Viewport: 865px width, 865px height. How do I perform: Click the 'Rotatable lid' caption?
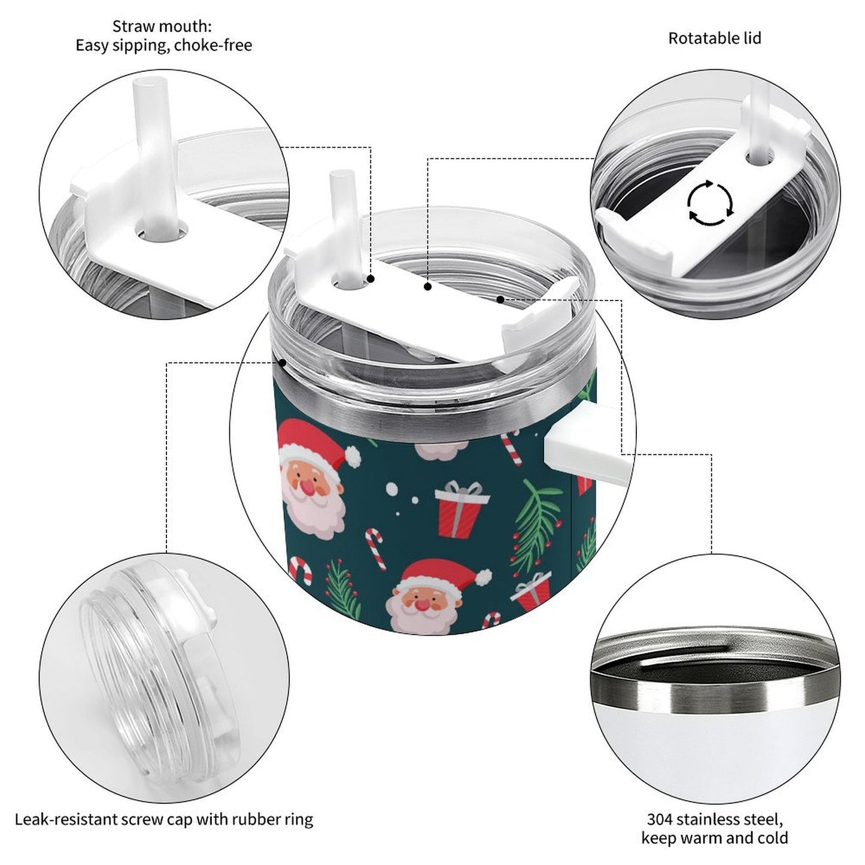(714, 38)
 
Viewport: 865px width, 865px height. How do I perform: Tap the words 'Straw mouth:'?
(162, 26)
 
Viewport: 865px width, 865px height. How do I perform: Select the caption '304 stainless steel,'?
(714, 819)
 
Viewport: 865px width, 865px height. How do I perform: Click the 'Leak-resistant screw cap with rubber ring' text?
(163, 819)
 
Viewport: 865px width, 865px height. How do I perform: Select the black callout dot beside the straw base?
(371, 279)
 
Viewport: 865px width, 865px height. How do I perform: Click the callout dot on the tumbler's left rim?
(282, 362)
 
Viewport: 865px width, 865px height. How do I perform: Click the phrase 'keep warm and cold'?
(714, 838)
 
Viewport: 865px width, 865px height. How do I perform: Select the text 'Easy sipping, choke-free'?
(163, 45)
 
